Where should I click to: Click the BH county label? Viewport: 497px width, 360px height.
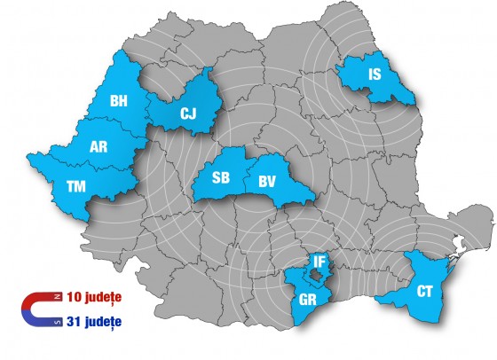[x=119, y=102]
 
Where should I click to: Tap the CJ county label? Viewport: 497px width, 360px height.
[x=188, y=113]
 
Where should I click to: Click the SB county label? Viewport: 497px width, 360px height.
[x=222, y=176]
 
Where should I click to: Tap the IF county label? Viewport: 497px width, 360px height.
[x=320, y=262]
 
